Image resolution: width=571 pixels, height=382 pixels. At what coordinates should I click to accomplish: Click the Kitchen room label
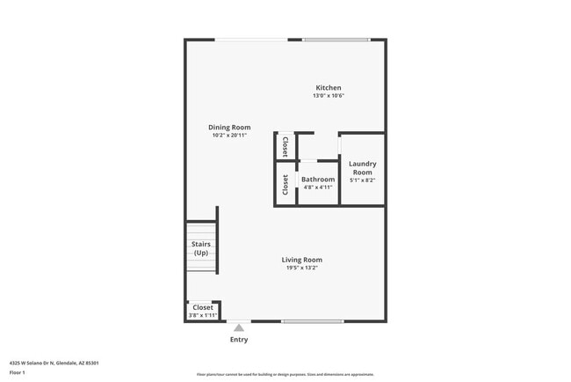pos(329,88)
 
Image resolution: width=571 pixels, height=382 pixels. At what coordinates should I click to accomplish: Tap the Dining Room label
pos(229,128)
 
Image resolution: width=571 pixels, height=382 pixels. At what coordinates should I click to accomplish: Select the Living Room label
pos(301,260)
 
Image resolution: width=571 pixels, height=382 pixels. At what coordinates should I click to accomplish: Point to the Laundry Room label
pos(362,167)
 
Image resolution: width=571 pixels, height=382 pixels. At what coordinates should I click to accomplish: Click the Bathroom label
pos(318,179)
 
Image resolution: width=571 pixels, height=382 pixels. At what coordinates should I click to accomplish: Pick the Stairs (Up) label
pos(201,248)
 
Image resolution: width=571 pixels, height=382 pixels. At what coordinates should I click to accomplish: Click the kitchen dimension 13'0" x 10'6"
pos(329,96)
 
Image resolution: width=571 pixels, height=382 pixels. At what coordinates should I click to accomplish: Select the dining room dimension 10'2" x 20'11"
pos(229,136)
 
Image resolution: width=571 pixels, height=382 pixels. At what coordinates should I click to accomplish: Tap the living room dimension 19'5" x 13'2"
pos(301,268)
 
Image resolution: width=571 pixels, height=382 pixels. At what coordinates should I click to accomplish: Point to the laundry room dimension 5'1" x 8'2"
pos(362,180)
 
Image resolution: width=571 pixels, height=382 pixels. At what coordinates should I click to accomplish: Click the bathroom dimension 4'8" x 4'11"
pos(318,187)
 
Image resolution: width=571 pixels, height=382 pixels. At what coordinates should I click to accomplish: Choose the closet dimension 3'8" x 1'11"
pos(202,315)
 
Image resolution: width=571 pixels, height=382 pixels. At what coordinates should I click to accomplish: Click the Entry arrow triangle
pos(239,327)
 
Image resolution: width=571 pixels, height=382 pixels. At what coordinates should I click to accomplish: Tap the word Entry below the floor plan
pos(239,340)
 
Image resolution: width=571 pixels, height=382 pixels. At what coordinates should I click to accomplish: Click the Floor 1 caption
pos(18,373)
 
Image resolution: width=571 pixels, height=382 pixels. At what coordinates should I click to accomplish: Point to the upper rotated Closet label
pos(285,146)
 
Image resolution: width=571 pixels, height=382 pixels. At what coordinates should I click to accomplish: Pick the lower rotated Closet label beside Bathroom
pos(285,184)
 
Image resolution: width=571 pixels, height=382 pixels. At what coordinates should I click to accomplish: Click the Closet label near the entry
pos(202,307)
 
